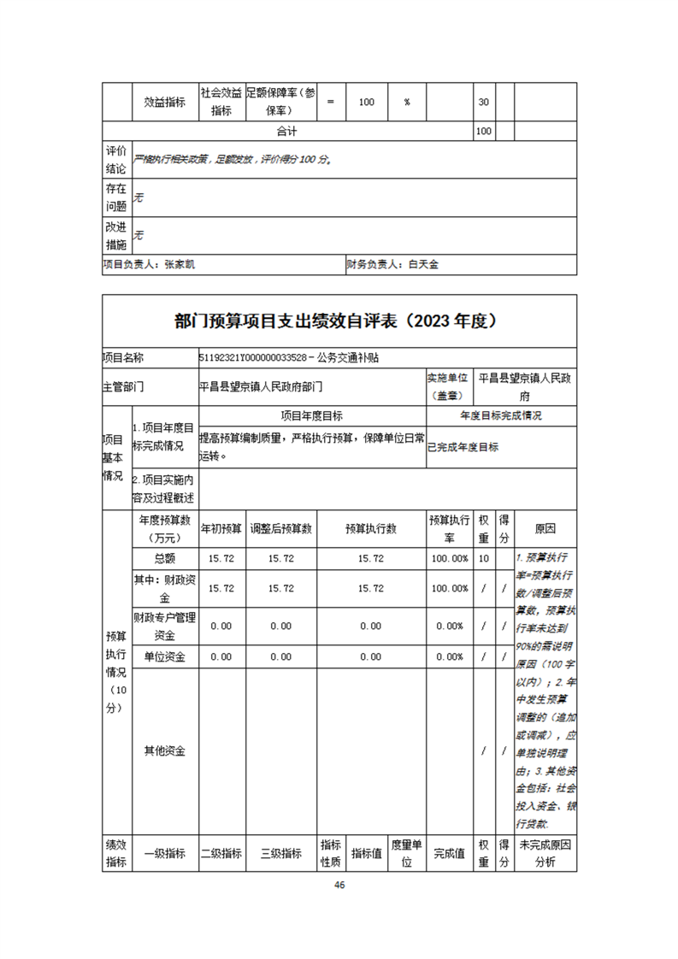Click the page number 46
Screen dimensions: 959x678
[x=339, y=885]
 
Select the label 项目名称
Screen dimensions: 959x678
[x=123, y=357]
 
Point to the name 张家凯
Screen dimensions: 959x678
[x=180, y=265]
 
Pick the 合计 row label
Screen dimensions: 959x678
[x=286, y=132]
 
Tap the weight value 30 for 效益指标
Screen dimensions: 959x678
[x=483, y=102]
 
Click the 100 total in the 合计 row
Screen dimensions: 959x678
[x=483, y=132]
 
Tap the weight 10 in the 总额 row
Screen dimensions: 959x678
[x=483, y=558]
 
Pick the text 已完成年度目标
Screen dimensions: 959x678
[x=463, y=447]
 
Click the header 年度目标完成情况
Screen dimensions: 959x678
[x=500, y=416]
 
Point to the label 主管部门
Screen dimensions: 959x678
[x=123, y=386]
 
